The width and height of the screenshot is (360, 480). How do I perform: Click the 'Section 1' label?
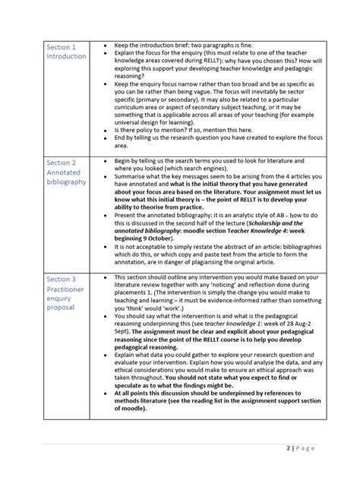pyautogui.click(x=61, y=46)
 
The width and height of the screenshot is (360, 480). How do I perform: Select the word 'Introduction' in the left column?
pyautogui.click(x=67, y=56)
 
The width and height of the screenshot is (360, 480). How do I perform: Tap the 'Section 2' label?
pyautogui.click(x=61, y=163)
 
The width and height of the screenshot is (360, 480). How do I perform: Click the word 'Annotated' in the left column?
pyautogui.click(x=64, y=172)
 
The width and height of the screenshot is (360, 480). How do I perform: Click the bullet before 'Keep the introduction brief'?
pyautogui.click(x=105, y=46)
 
